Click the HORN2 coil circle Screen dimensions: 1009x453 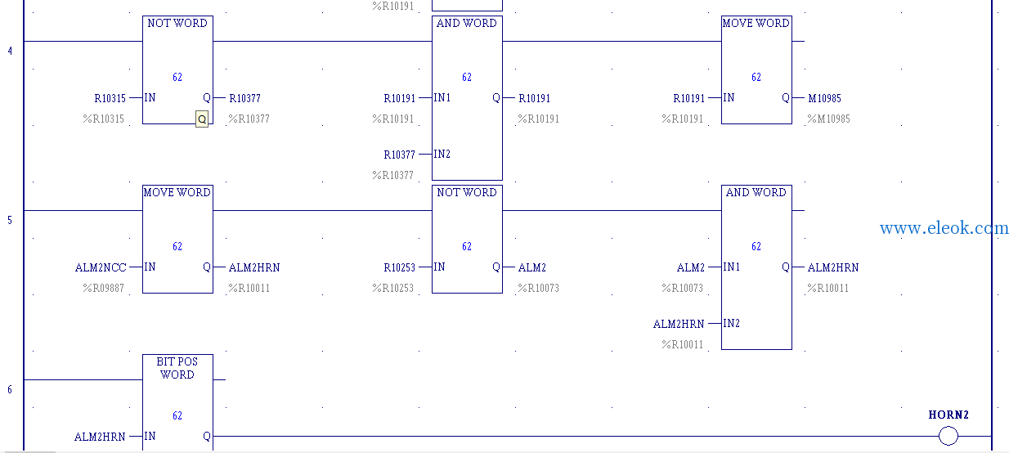tap(948, 436)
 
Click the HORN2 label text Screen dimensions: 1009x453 tap(948, 415)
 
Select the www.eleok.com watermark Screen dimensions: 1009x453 tap(944, 228)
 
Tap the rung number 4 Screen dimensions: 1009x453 tap(10, 51)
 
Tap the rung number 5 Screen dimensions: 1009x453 tap(10, 220)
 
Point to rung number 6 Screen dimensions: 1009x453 tap(10, 389)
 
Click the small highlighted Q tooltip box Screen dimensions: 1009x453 tap(202, 119)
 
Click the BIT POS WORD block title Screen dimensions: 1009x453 tap(177, 368)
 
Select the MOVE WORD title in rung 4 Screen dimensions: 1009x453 tap(756, 23)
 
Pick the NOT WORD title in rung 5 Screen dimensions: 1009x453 tap(467, 192)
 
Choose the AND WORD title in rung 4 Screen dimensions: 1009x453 tap(467, 23)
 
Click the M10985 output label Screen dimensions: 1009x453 tap(824, 98)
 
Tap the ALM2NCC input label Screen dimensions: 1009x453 tap(101, 267)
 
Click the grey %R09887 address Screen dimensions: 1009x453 tap(103, 288)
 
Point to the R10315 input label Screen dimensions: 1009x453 tap(110, 98)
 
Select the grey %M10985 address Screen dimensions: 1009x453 tap(828, 119)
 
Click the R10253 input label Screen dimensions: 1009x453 tap(399, 267)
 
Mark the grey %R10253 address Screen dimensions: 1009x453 tap(392, 288)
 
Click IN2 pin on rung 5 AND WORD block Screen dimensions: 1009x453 tap(732, 323)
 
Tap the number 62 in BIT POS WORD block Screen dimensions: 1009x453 tap(177, 415)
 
